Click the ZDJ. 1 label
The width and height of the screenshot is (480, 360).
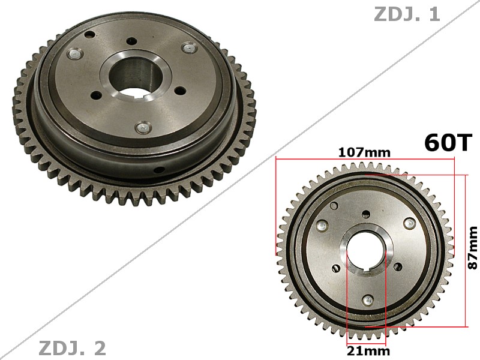407,14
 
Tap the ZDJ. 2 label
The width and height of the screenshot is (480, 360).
72,347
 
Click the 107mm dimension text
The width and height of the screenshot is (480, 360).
364,152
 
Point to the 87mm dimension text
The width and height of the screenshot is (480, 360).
473,247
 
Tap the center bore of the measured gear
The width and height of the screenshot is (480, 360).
365,252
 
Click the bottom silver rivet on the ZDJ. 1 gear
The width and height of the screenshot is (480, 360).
142,127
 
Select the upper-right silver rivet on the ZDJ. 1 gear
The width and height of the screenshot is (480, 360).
189,47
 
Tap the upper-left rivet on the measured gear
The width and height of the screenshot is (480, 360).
323,226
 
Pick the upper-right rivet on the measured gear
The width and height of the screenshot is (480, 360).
410,223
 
